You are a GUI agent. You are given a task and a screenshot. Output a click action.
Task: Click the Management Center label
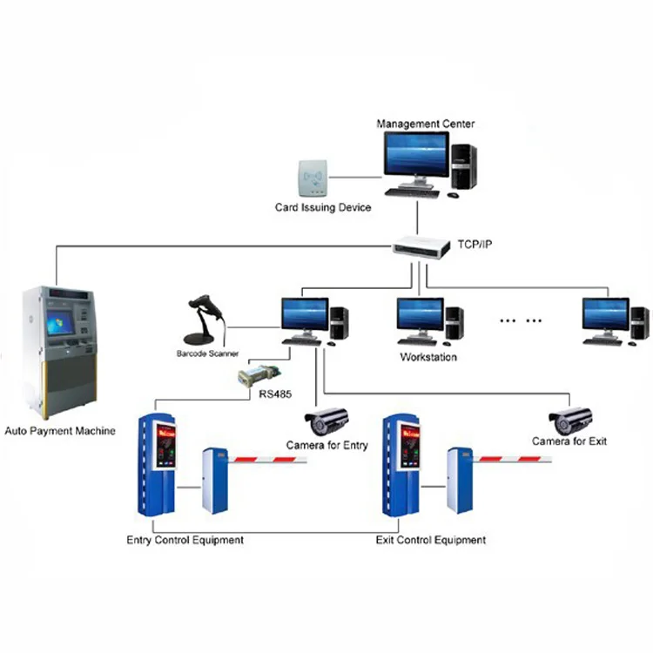click(425, 125)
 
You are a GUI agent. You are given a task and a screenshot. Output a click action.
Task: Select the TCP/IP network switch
click(421, 247)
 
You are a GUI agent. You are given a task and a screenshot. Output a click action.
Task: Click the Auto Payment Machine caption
click(60, 430)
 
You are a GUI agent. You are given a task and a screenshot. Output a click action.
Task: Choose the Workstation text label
click(428, 357)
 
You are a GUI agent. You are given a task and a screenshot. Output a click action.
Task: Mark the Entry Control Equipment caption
click(185, 541)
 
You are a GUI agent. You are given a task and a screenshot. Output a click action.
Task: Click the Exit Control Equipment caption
click(430, 541)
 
